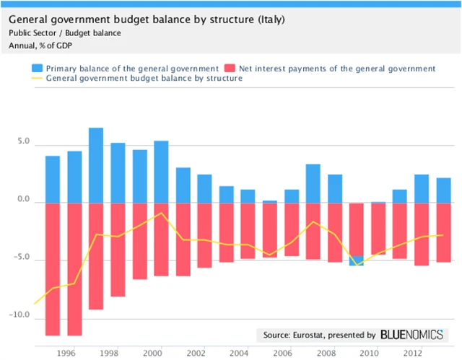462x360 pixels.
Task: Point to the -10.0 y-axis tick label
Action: (x=20, y=315)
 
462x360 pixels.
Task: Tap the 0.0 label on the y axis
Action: (x=22, y=202)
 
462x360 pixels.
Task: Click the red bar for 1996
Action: (x=74, y=268)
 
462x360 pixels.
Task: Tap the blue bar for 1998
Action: (x=118, y=172)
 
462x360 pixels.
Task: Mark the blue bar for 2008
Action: (x=336, y=188)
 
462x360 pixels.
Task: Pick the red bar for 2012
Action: (x=422, y=234)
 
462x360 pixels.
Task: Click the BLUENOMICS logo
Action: (x=412, y=335)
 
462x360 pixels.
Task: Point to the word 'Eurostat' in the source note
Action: (x=310, y=335)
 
